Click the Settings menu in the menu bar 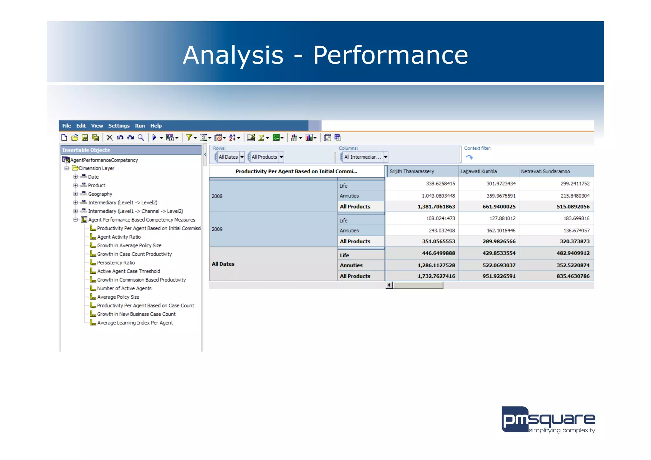click(x=119, y=126)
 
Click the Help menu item click(x=156, y=126)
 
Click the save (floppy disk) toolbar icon click(x=85, y=137)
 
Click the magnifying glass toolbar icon click(x=141, y=137)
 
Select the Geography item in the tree click(x=100, y=194)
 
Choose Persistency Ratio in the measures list click(x=116, y=263)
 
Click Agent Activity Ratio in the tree click(x=119, y=237)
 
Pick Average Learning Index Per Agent click(x=135, y=323)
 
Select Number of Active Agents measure click(x=124, y=288)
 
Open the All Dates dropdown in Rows click(x=242, y=157)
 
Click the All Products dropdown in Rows click(x=281, y=157)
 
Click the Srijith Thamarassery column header click(x=412, y=171)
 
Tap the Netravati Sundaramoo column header click(x=545, y=171)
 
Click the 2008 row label click(x=217, y=196)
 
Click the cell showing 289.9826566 click(x=499, y=241)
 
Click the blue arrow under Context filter click(x=469, y=157)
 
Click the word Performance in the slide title click(x=390, y=55)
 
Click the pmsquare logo click(x=548, y=420)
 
